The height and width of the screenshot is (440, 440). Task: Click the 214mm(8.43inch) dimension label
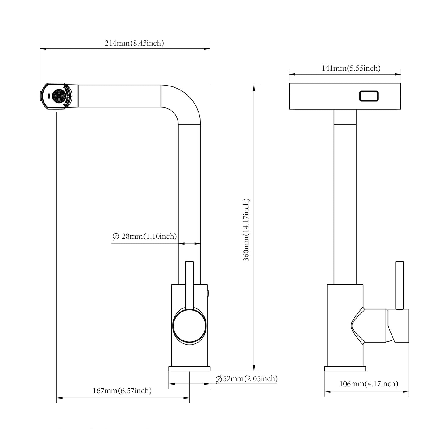pyautogui.click(x=134, y=43)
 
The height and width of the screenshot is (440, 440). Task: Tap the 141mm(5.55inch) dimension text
pyautogui.click(x=351, y=68)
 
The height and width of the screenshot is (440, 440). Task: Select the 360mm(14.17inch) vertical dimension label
pyautogui.click(x=246, y=230)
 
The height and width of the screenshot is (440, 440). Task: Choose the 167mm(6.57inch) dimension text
pyautogui.click(x=122, y=391)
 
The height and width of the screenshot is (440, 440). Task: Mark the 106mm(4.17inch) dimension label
pyautogui.click(x=368, y=384)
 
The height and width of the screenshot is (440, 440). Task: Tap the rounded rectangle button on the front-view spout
pyautogui.click(x=369, y=96)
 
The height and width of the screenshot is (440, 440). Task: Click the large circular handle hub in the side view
pyautogui.click(x=189, y=326)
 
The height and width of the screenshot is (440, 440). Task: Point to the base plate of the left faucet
pyautogui.click(x=189, y=369)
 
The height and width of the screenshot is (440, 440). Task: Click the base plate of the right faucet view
pyautogui.click(x=345, y=369)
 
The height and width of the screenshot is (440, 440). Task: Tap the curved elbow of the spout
pyautogui.click(x=185, y=104)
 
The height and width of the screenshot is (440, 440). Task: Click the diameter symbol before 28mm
pyautogui.click(x=116, y=236)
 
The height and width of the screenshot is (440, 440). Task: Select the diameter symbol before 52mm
pyautogui.click(x=218, y=379)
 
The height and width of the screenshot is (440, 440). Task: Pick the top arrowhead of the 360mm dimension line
pyautogui.click(x=254, y=88)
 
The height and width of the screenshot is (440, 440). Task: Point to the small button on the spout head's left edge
pyautogui.click(x=40, y=96)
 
